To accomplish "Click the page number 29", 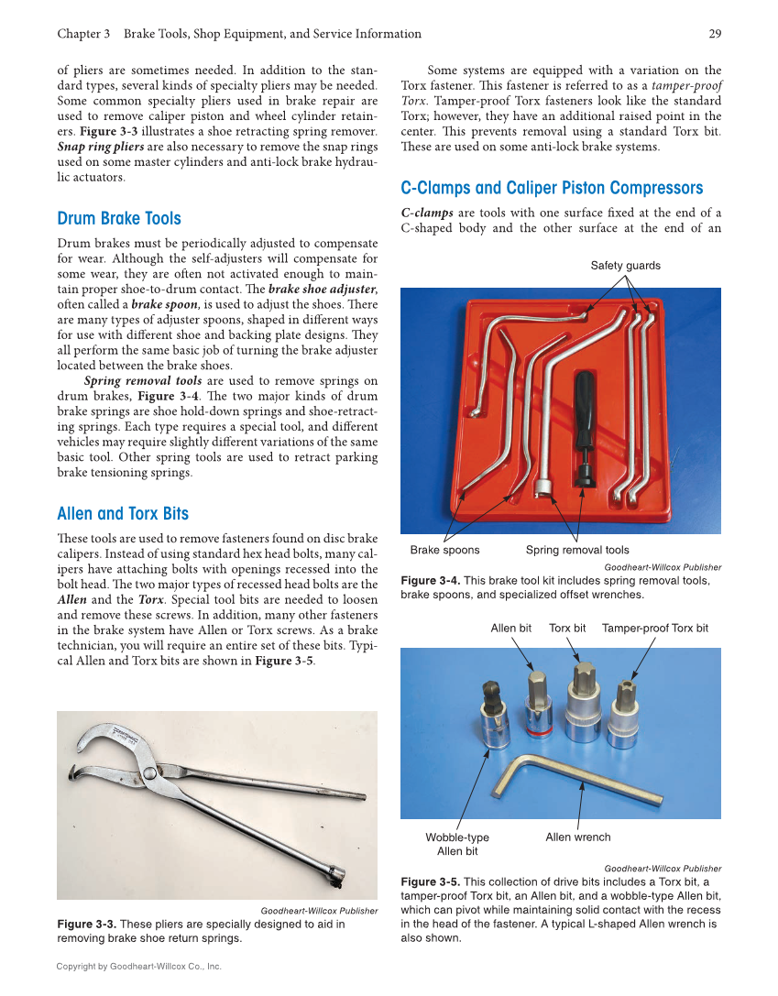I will tap(715, 34).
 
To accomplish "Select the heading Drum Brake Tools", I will tap(119, 218).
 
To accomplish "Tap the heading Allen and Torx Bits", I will tap(123, 513).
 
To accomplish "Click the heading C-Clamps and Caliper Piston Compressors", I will tap(552, 188).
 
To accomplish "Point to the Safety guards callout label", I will tap(625, 266).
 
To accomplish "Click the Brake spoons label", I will tap(444, 550).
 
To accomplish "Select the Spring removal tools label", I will tap(577, 550).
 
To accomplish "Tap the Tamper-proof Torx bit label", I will tap(654, 628).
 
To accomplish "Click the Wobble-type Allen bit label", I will tap(457, 844).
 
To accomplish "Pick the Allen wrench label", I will tap(577, 837).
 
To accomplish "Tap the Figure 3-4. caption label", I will tap(431, 580).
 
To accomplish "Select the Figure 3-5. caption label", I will tap(431, 881).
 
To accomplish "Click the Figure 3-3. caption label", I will tap(87, 924).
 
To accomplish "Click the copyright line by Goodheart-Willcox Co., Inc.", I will tap(138, 966).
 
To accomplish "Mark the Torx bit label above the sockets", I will tap(567, 628).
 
